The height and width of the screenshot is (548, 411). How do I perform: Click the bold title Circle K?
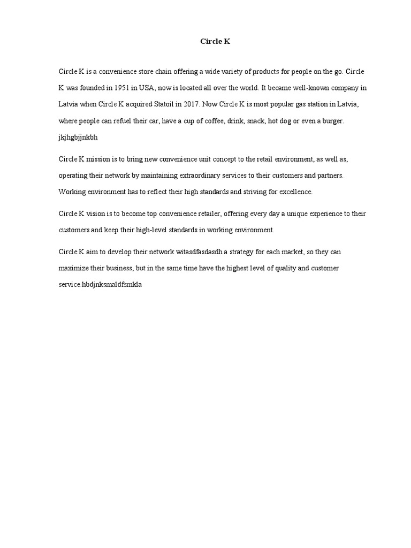(215, 41)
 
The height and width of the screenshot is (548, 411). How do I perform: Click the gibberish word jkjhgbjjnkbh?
(78, 137)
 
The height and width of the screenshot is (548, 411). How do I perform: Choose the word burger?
(333, 121)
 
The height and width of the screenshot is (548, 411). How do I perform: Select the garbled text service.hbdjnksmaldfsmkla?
(101, 285)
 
